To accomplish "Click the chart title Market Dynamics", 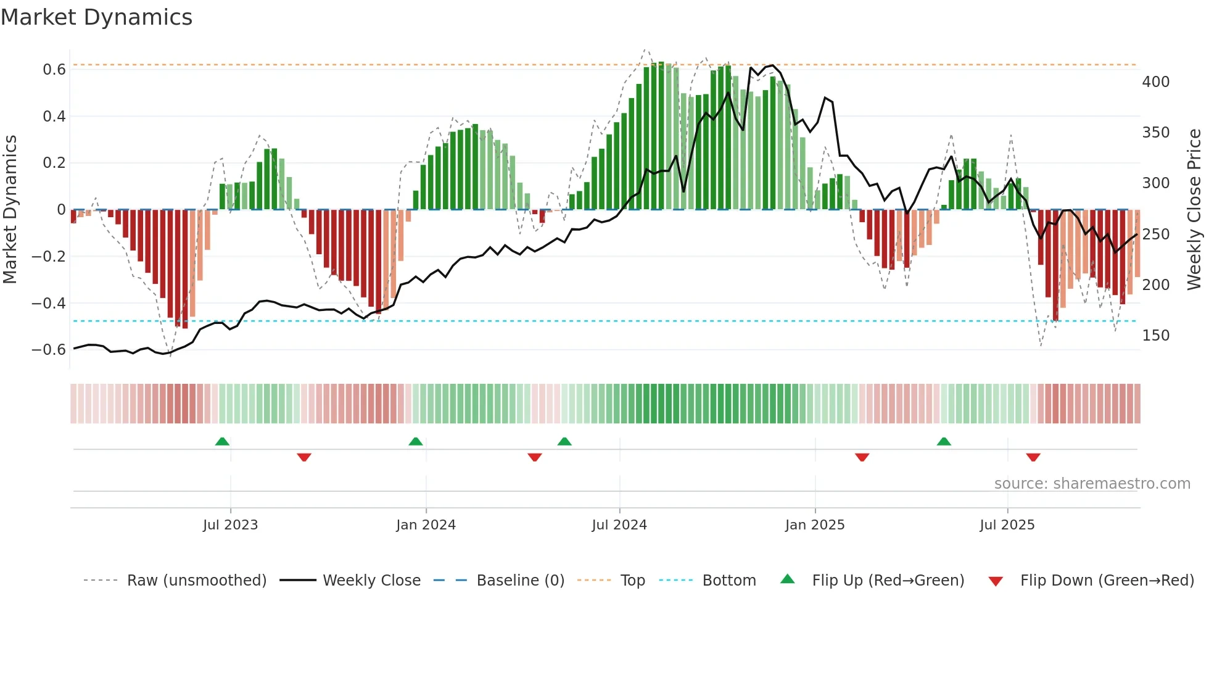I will point(97,17).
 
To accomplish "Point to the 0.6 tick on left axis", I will point(54,70).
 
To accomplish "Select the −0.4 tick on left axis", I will point(49,303).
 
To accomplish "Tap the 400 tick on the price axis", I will point(1155,82).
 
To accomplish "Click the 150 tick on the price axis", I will point(1155,336).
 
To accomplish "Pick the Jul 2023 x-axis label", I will point(230,525).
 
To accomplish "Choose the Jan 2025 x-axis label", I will point(814,525).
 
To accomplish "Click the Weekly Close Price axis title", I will point(1194,209).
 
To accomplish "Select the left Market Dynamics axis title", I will point(10,209).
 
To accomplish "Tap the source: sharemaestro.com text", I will point(1092,484).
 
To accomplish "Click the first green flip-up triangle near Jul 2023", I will point(222,441).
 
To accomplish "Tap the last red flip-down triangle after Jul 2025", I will point(1033,457).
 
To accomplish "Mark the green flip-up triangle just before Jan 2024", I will point(416,441).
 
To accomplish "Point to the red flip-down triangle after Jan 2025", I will point(862,457).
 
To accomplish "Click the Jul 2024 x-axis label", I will point(619,525).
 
